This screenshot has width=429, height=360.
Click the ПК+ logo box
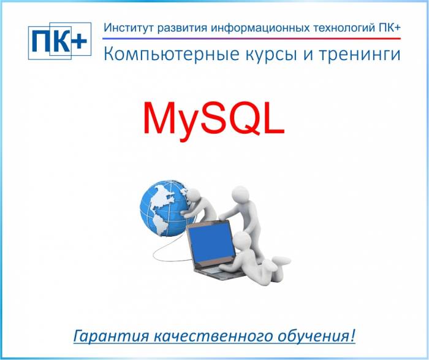click(x=59, y=41)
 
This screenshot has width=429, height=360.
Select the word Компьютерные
click(x=162, y=55)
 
